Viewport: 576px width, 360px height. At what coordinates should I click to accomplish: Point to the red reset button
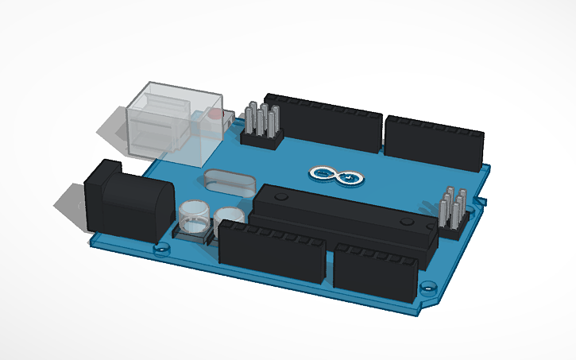coord(214,115)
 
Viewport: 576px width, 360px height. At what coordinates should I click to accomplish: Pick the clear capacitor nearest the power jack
coord(193,218)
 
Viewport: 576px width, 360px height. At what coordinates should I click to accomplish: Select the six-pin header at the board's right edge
coord(452,211)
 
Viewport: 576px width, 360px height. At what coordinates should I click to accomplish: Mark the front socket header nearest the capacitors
coord(272,251)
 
